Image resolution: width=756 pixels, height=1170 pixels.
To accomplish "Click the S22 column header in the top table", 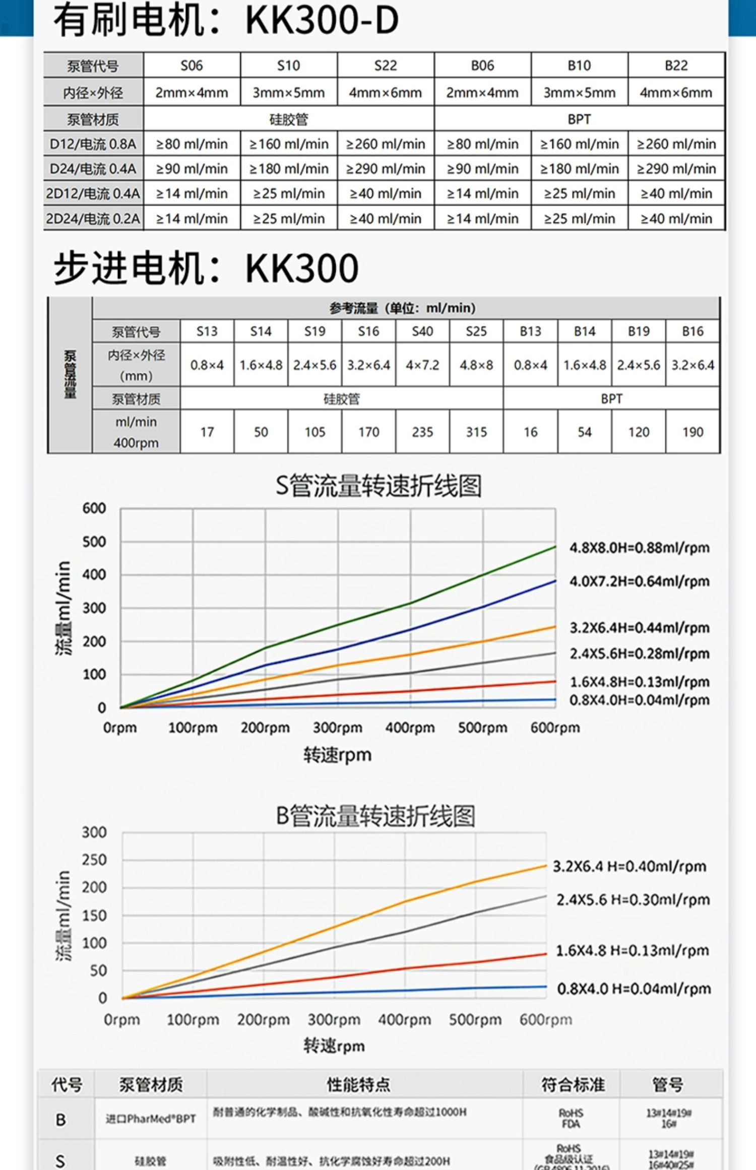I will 385,66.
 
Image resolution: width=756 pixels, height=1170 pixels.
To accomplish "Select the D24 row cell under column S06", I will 192,169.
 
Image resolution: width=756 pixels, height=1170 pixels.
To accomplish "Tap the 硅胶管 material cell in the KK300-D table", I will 288,119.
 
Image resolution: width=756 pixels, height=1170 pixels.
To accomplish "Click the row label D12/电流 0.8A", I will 93,144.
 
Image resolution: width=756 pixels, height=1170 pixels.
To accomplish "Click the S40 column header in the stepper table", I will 422,332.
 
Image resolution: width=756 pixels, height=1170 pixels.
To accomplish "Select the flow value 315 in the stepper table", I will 476,432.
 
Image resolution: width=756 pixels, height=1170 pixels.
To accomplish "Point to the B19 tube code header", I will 638,332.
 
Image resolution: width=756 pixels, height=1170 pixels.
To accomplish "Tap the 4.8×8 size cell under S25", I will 476,365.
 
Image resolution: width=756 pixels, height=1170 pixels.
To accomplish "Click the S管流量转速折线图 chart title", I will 378,486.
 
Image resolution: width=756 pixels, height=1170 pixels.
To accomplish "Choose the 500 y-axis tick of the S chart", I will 94,542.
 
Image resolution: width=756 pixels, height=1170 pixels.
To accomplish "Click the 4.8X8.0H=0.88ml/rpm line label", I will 639,548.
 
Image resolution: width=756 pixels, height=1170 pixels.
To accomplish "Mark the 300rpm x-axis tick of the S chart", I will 337,728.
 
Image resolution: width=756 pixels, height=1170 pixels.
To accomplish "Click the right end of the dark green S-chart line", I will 555,547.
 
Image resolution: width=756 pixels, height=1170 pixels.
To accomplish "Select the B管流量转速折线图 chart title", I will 375,816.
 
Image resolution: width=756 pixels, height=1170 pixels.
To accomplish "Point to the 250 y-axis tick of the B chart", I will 94,860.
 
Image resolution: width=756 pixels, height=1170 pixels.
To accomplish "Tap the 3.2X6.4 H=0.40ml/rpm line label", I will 629,866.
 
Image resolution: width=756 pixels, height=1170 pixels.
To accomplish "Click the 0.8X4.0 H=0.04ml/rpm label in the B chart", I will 634,989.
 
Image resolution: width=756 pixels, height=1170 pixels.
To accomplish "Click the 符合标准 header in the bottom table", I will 573,1084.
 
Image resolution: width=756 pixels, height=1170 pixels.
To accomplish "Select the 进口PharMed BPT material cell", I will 150,1119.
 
